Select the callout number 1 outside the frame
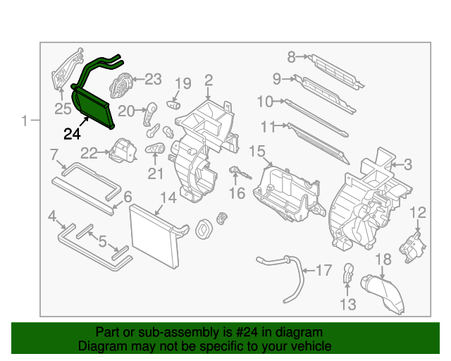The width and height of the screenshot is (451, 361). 25,121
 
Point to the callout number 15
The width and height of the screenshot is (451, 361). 257,151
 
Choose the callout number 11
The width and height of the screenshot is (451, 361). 267,126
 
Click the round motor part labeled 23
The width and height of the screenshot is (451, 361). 122,85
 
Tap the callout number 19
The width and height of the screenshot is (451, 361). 183,84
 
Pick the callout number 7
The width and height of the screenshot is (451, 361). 54,154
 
